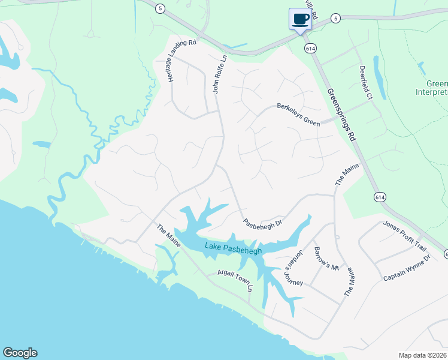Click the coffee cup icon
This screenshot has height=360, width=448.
click(300, 19)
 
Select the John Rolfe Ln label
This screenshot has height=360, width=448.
click(220, 74)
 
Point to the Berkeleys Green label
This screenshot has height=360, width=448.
click(298, 114)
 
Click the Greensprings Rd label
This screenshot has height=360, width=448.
click(341, 115)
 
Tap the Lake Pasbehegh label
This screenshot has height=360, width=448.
click(234, 248)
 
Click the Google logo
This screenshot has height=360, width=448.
click(20, 353)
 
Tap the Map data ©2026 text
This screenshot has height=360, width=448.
click(422, 355)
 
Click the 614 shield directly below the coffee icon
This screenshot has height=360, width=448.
click(310, 48)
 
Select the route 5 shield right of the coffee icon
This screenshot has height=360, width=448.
click(336, 19)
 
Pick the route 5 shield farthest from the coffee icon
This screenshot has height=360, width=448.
click(159, 8)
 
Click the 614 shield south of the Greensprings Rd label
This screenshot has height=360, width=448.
click(379, 196)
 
